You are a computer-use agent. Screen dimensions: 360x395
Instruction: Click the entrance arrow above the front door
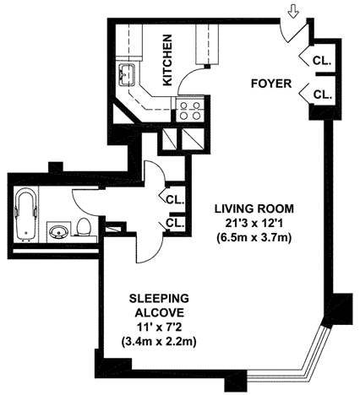point(294,13)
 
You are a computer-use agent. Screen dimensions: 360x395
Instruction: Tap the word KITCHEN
point(167,60)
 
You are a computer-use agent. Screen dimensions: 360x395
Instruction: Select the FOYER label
point(271,84)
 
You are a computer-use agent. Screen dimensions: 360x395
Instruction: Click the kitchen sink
point(128,74)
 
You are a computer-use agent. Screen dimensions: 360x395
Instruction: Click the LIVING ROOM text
point(254,209)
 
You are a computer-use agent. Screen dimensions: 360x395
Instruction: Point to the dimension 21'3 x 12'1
point(254,224)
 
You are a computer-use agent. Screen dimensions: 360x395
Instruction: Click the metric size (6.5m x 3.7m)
point(254,238)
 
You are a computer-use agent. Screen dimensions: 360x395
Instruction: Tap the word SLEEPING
point(159,299)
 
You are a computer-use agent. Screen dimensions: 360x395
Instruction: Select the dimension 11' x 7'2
point(159,327)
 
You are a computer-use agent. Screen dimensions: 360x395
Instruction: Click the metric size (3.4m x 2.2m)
point(159,342)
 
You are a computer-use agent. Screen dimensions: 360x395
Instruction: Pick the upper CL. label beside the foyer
point(321,61)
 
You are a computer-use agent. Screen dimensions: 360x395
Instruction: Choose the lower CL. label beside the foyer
point(321,95)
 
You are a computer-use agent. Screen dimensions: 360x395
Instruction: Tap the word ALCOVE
point(160,313)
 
